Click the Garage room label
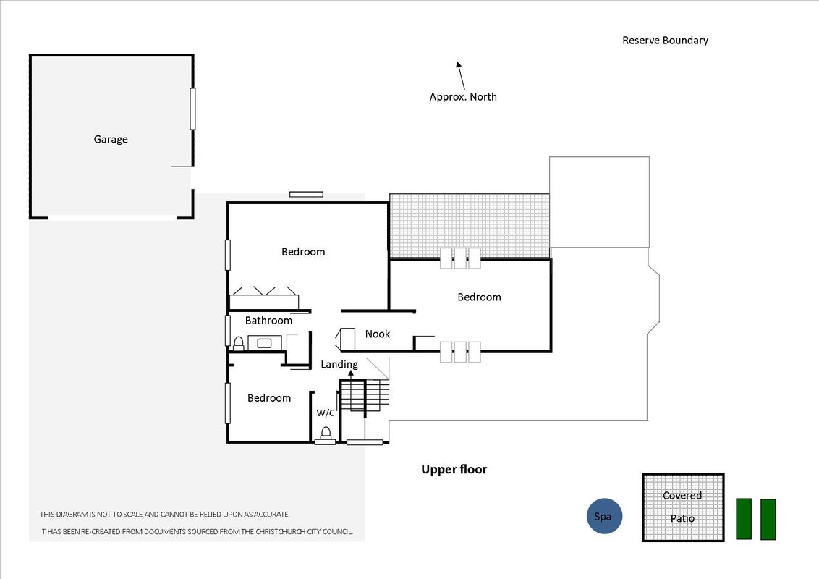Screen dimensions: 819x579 coord(111,140)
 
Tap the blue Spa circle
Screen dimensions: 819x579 coord(604,516)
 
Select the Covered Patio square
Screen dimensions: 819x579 coord(683,507)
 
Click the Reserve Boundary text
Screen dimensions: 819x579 coord(666,41)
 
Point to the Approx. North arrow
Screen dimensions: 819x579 coord(460,76)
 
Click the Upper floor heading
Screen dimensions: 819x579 coord(454,469)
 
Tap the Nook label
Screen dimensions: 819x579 coord(378,334)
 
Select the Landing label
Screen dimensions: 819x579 coord(339,365)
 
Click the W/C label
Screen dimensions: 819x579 coord(326,413)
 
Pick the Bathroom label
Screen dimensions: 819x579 coord(268,321)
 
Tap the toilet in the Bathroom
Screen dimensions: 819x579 coord(239,343)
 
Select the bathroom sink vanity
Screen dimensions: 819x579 coord(264,343)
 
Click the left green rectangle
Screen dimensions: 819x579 coord(744,518)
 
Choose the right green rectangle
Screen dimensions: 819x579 coord(768,519)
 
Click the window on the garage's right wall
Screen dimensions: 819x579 coord(192,109)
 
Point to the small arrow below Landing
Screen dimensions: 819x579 coord(351,375)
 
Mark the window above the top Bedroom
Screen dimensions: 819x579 coord(307,195)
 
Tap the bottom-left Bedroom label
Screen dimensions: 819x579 coord(269,398)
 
